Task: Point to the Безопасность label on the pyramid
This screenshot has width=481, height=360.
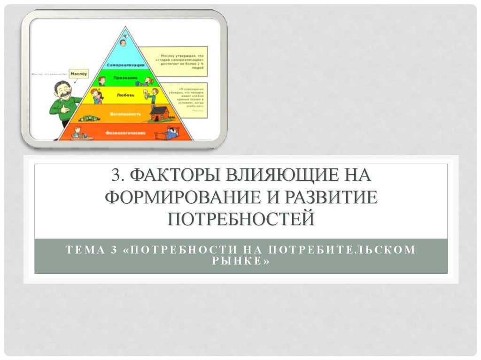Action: pos(124,114)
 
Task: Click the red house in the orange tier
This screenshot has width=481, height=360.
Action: pos(159,113)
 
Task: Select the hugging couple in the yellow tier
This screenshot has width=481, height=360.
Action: pos(97,95)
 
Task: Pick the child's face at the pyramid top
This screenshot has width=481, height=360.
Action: pos(123,42)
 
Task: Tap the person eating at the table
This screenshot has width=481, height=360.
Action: pos(78,132)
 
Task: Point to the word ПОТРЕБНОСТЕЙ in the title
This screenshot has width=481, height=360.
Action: pos(241,218)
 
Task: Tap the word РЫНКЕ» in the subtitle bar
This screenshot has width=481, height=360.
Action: pos(241,261)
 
